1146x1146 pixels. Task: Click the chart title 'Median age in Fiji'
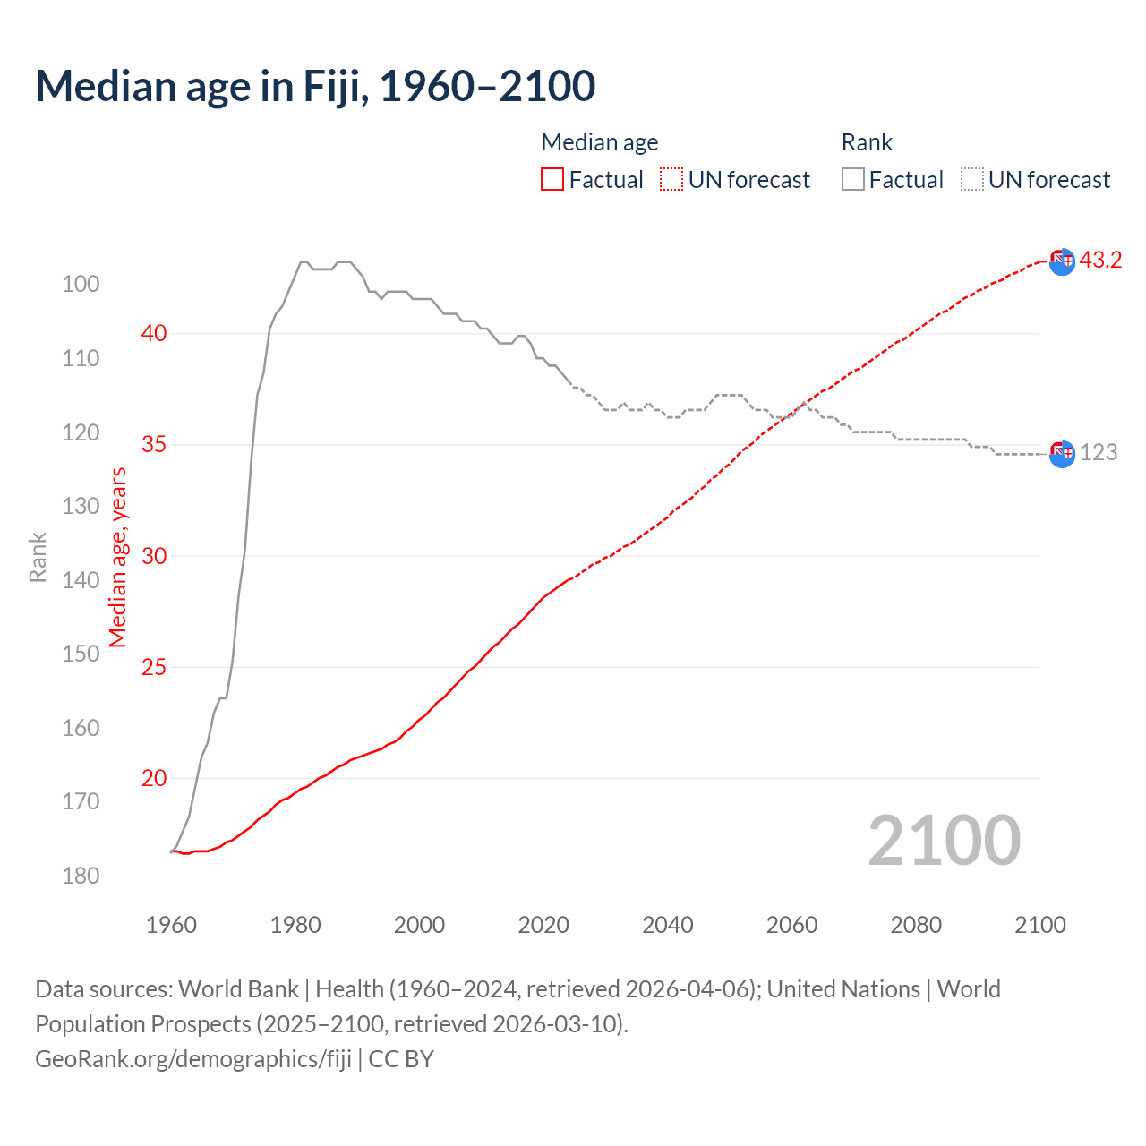click(x=315, y=87)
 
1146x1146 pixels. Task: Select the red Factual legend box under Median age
click(x=552, y=180)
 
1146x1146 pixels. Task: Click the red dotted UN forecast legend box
click(x=671, y=180)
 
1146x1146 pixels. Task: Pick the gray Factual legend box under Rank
click(x=853, y=180)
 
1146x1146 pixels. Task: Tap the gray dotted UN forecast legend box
click(x=972, y=180)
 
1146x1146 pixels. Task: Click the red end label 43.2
click(x=1100, y=261)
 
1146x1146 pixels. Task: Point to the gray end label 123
click(x=1099, y=452)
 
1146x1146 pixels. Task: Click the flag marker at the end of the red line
click(x=1062, y=261)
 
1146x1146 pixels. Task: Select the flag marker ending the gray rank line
click(x=1062, y=454)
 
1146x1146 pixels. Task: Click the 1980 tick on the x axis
click(x=295, y=925)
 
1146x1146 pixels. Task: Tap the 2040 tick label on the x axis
click(x=668, y=925)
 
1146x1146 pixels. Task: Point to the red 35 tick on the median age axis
click(x=154, y=445)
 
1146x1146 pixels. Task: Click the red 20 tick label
click(x=154, y=779)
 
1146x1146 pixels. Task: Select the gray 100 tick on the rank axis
click(x=81, y=285)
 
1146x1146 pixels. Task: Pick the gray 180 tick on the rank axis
click(x=81, y=876)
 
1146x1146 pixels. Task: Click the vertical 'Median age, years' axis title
click(x=118, y=557)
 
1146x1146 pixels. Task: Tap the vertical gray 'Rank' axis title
click(x=38, y=557)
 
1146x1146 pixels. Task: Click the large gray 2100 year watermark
click(x=945, y=841)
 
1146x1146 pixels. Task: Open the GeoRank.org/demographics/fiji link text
click(x=193, y=1059)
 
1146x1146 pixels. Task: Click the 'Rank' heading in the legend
click(x=867, y=142)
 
